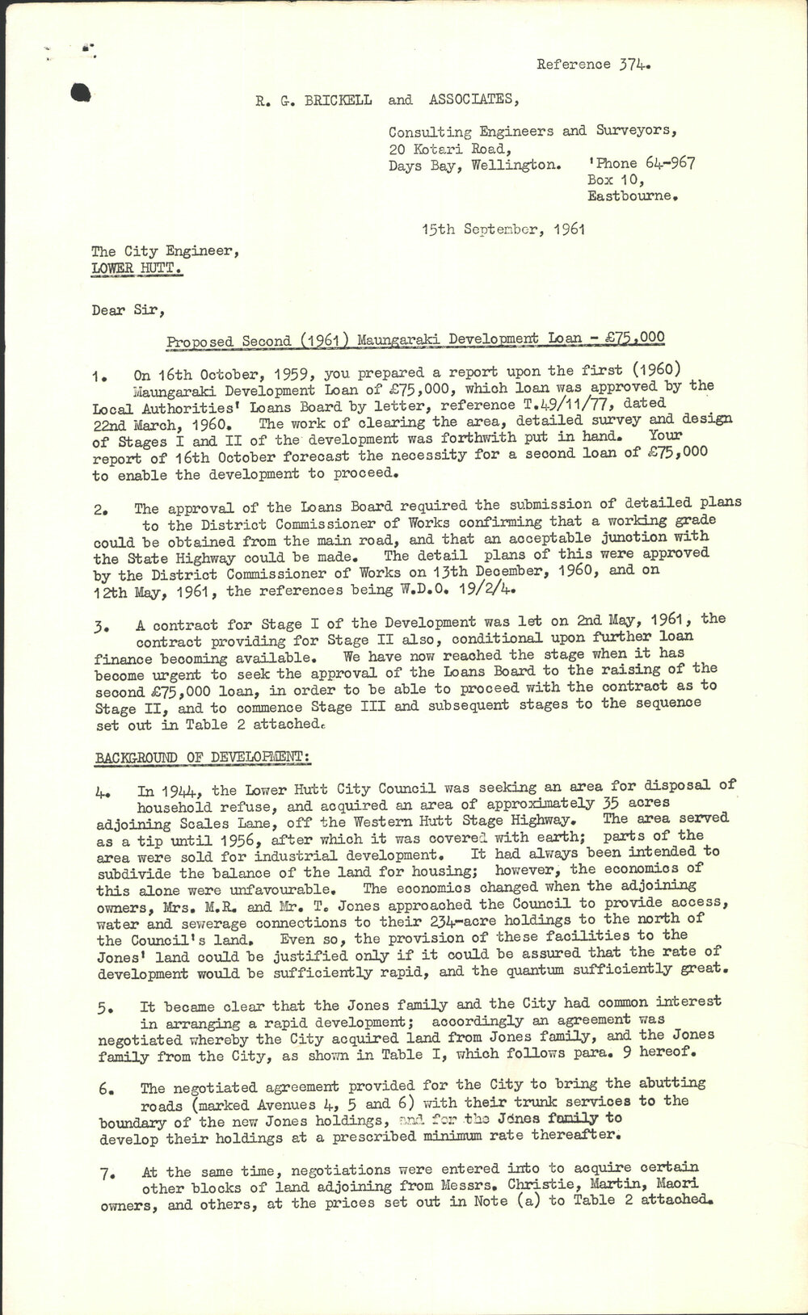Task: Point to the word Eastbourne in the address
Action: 633,196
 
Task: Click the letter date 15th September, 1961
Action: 503,229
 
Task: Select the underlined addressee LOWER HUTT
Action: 137,268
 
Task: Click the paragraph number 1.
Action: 99,376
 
